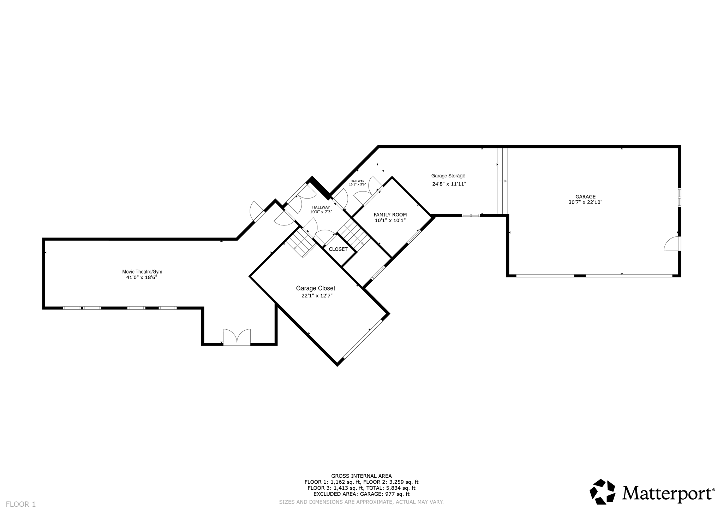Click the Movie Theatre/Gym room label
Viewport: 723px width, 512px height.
click(x=142, y=272)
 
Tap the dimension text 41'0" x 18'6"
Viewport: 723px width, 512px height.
click(x=142, y=278)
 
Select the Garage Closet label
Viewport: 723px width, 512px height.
click(x=315, y=288)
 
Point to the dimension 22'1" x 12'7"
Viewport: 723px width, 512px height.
click(x=317, y=296)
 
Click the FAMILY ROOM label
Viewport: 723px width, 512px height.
click(x=390, y=214)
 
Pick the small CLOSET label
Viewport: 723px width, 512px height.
click(x=338, y=249)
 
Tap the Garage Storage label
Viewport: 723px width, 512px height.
click(x=448, y=176)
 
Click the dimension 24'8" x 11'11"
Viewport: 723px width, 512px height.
click(x=449, y=184)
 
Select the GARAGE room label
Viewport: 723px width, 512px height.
click(x=585, y=197)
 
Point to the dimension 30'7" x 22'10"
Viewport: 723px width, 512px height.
click(x=585, y=202)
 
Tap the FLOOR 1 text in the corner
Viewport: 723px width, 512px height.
click(x=21, y=504)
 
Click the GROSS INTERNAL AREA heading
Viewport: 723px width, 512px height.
click(x=361, y=476)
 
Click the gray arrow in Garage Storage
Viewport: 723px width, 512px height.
click(x=502, y=181)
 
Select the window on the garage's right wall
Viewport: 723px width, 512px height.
click(x=679, y=197)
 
